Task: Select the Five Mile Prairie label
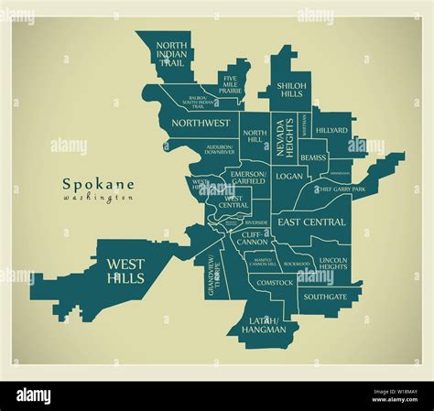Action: pos(236,85)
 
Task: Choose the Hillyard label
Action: pos(331,131)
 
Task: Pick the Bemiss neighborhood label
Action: pos(313,157)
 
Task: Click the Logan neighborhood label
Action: pos(288,176)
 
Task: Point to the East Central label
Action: pos(312,222)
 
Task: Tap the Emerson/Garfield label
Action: pos(247,178)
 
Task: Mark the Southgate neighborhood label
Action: pos(325,297)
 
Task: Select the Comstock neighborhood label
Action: pos(275,283)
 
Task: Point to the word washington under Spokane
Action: pos(99,198)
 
